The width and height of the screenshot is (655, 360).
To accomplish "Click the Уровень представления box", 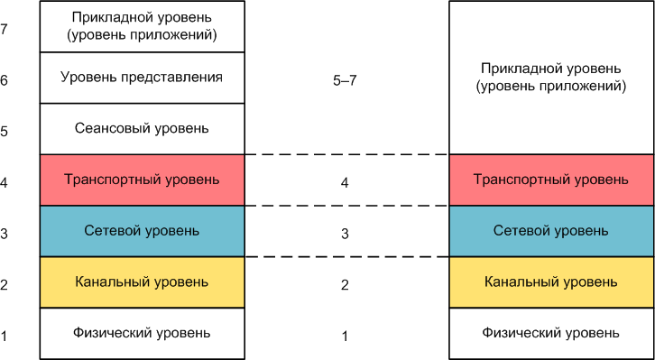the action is (x=142, y=78).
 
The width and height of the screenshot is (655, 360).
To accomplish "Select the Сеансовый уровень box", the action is (x=142, y=128).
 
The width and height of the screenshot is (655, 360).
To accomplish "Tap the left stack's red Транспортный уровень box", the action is (x=142, y=180).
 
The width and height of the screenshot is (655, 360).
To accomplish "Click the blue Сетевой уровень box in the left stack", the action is (x=142, y=231).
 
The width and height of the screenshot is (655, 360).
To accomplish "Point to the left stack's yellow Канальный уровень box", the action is (x=142, y=282).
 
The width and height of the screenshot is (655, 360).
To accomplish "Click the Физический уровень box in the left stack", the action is (x=142, y=333).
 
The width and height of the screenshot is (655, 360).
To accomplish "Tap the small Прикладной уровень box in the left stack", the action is (x=142, y=27).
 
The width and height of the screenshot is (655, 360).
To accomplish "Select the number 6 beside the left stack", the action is (x=5, y=80).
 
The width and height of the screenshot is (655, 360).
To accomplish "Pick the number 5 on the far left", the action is (x=5, y=132).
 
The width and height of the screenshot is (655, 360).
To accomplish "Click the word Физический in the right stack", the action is (x=522, y=333).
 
